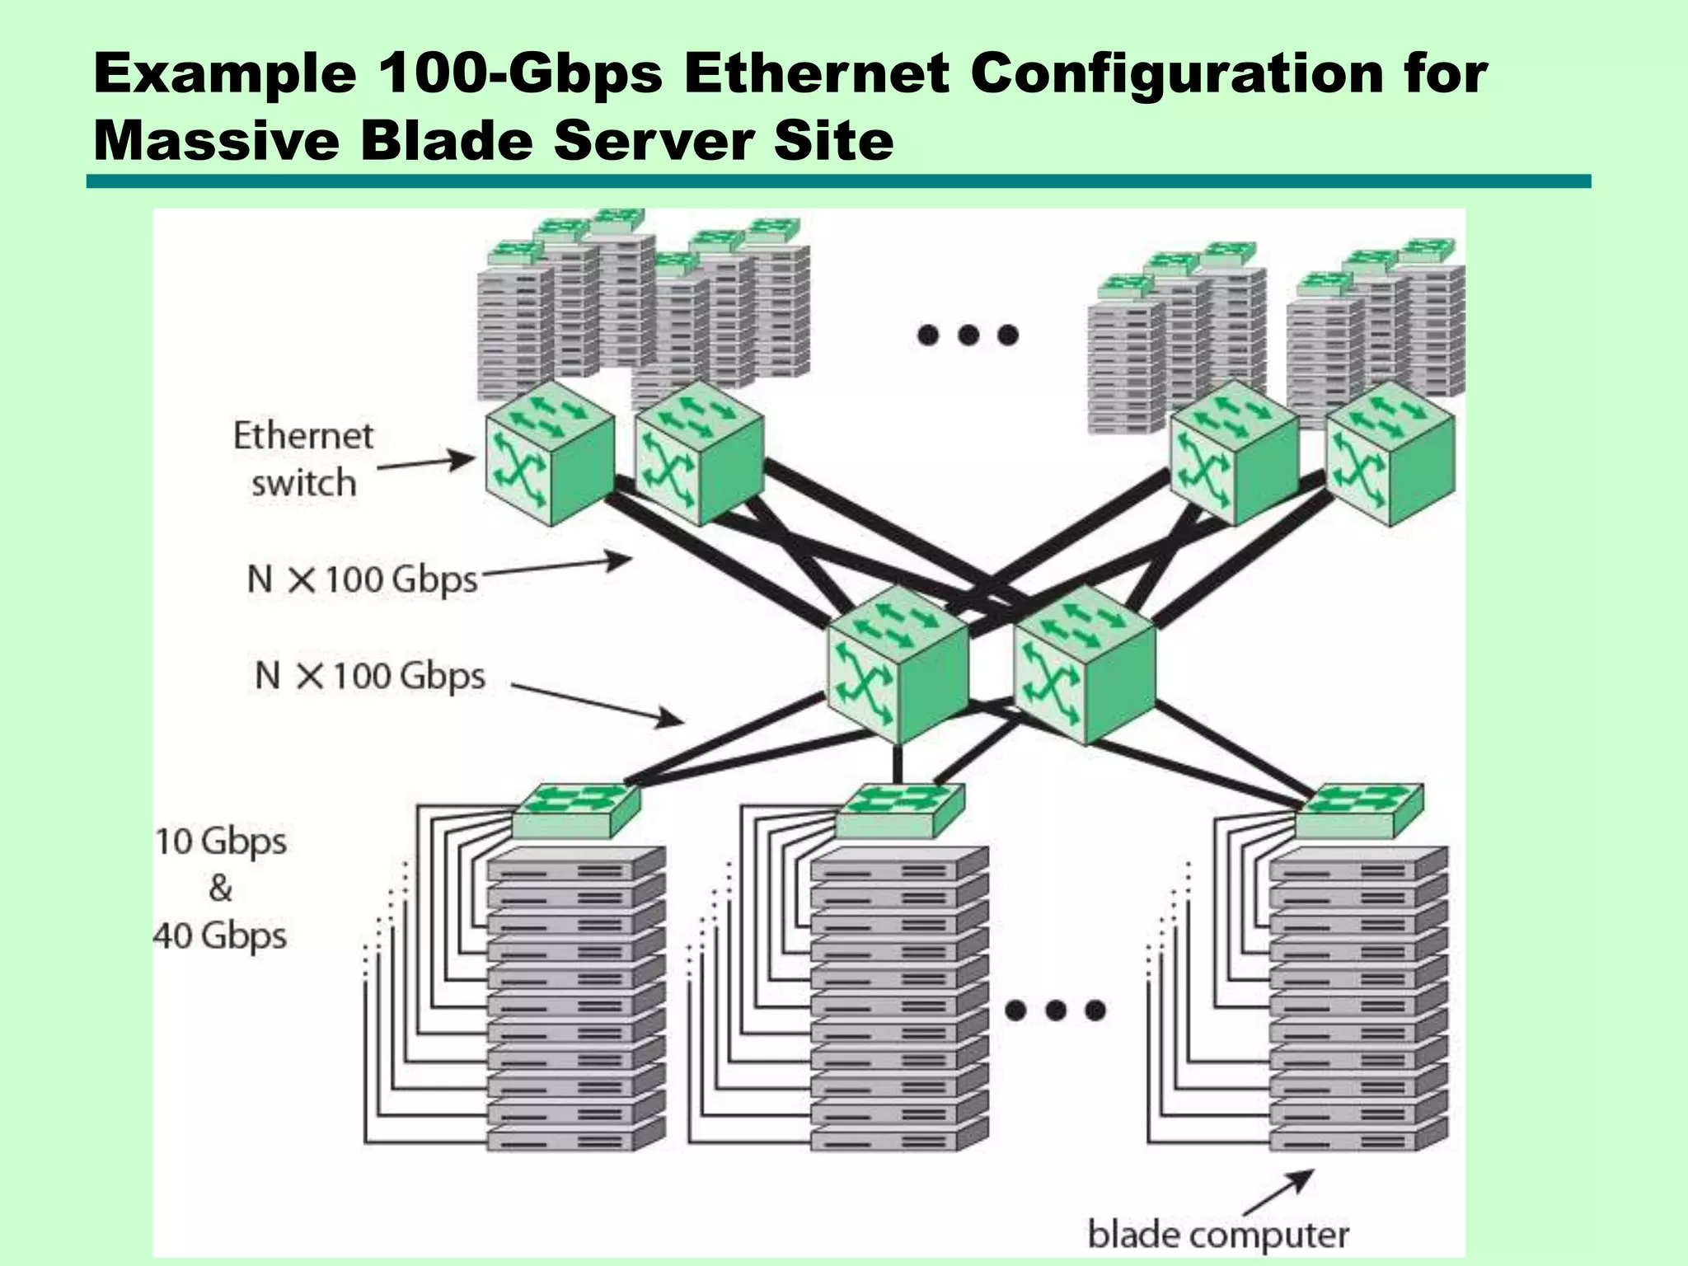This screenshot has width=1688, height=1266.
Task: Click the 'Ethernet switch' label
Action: pos(303,459)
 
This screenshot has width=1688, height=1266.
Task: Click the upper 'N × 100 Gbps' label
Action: pos(362,579)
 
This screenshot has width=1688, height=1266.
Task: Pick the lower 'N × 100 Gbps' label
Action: pos(370,676)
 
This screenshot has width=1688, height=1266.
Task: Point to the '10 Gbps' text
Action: pos(221,842)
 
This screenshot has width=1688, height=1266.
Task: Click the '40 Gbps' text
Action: pos(220,936)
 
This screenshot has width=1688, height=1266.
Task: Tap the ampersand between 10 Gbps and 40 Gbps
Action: pos(220,889)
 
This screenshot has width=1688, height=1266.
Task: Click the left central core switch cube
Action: pos(897,664)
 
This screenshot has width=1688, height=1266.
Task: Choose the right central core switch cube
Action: pos(1083,664)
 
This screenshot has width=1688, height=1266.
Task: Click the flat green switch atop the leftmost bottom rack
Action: pos(576,809)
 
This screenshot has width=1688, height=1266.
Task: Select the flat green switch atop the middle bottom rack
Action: pos(899,809)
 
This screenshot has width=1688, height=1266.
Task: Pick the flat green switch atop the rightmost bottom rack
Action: pos(1359,809)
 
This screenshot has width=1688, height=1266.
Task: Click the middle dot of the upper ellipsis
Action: pos(968,335)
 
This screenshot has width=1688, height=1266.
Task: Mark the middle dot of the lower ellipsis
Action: pos(1056,1010)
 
